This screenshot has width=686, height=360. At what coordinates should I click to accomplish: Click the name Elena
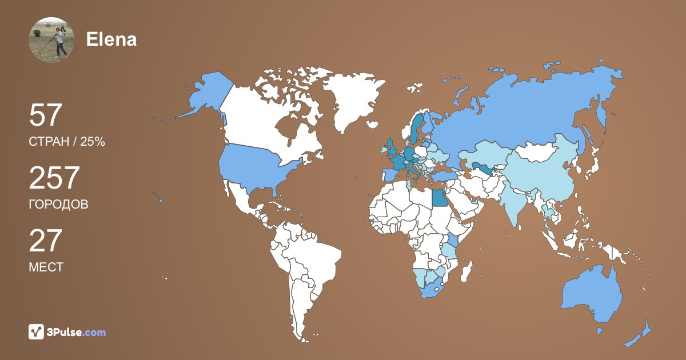pyautogui.click(x=111, y=39)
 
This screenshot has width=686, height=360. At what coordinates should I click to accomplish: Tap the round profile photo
pyautogui.click(x=51, y=39)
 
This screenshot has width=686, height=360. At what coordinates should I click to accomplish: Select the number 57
pyautogui.click(x=45, y=115)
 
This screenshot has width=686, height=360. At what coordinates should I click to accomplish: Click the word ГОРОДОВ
pyautogui.click(x=58, y=204)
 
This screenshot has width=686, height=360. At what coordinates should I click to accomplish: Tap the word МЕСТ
pyautogui.click(x=46, y=267)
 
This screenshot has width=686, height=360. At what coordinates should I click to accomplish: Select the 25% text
pyautogui.click(x=93, y=142)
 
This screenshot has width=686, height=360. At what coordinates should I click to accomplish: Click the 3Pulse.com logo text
pyautogui.click(x=77, y=332)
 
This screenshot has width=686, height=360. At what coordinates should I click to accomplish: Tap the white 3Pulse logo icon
pyautogui.click(x=36, y=331)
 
